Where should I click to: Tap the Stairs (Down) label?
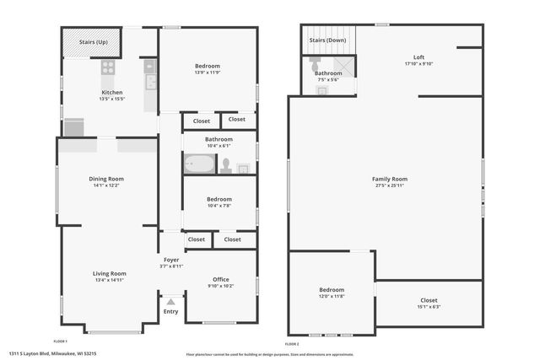327,40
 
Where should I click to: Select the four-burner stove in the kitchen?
108,66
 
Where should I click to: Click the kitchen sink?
149,82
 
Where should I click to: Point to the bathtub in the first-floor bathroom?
201,164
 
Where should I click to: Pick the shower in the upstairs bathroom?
346,69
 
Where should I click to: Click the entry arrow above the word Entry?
171,301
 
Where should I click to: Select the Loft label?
418,57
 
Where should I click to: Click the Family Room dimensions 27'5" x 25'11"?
389,185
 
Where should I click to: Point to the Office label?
221,279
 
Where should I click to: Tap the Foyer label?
171,260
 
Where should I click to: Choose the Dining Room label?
106,179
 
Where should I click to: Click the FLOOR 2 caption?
292,344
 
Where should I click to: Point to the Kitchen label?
112,92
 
